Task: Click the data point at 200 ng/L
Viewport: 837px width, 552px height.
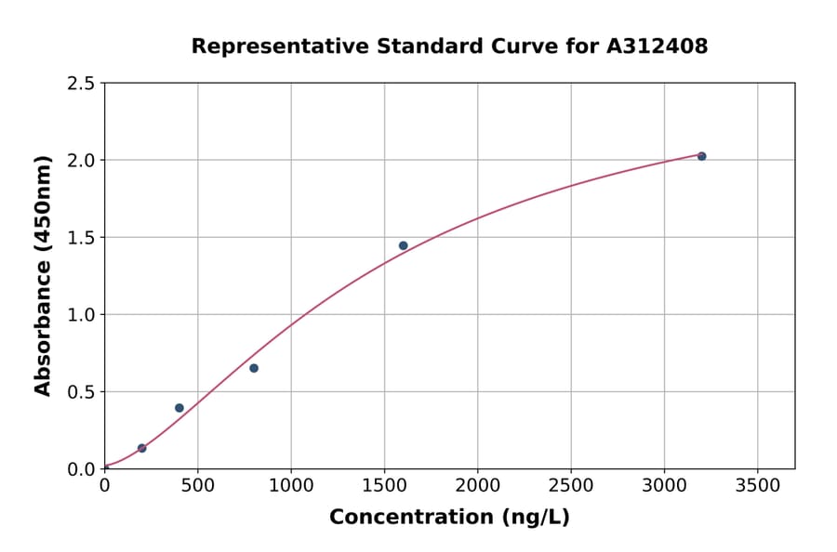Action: click(x=141, y=448)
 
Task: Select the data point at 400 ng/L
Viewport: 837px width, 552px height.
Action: click(x=179, y=408)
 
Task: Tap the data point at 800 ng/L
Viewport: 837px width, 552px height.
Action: click(x=254, y=368)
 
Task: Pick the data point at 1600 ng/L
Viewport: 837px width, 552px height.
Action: click(x=403, y=245)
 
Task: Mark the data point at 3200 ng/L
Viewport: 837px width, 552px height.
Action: click(x=701, y=156)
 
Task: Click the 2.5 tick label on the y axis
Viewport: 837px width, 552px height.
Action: click(x=80, y=84)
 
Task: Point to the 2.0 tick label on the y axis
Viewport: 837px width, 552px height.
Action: click(x=80, y=161)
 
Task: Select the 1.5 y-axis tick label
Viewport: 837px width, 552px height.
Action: click(x=80, y=238)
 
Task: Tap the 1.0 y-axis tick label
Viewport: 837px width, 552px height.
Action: click(x=80, y=315)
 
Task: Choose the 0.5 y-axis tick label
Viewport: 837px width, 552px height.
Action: click(x=80, y=392)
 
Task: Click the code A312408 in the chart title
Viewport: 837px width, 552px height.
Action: click(x=657, y=46)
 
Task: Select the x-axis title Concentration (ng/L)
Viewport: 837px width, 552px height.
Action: click(x=449, y=518)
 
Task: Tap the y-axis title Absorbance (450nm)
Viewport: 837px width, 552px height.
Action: click(x=43, y=275)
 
